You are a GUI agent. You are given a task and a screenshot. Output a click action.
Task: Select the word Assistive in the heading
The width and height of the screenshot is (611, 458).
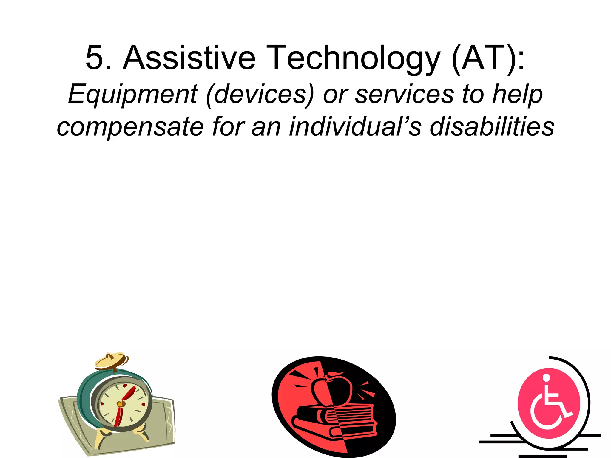coord(189,58)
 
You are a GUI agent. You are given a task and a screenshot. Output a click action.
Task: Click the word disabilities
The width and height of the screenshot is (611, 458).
coord(492,127)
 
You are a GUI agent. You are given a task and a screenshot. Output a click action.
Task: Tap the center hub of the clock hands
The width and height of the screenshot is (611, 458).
coord(120,404)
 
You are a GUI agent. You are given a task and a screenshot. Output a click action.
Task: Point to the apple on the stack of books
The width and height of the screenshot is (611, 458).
coord(331,389)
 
